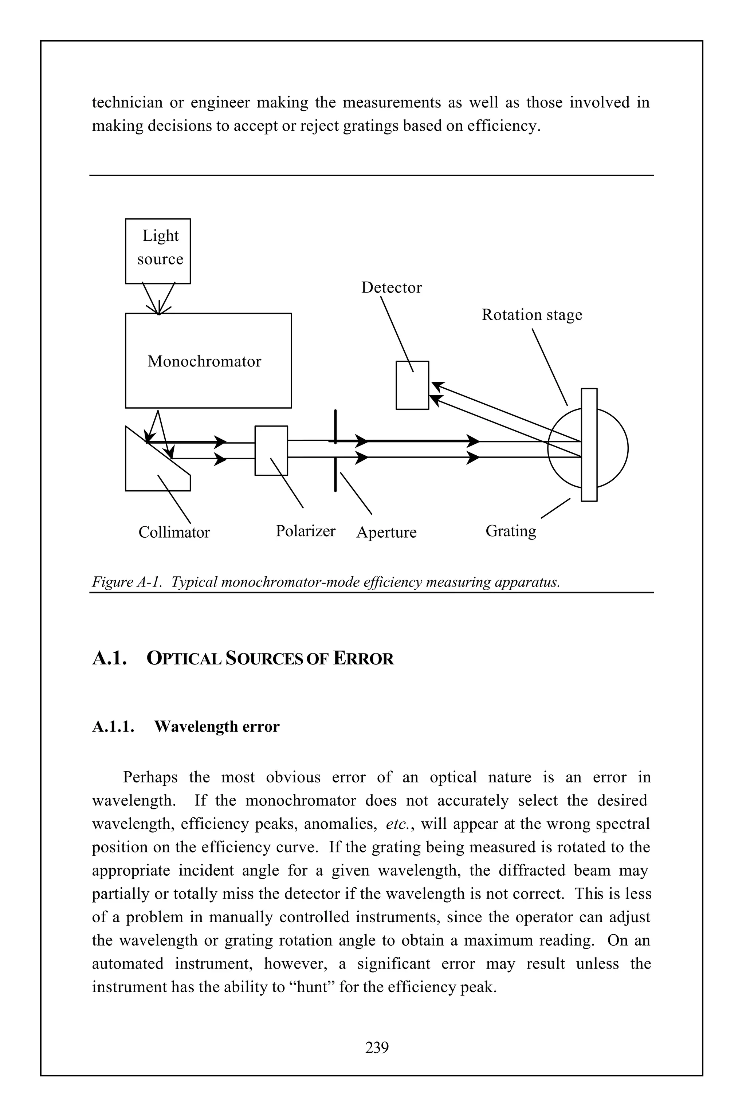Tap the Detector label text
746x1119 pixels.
click(x=391, y=288)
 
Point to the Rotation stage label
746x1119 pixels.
click(x=531, y=315)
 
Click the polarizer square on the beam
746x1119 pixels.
click(x=271, y=450)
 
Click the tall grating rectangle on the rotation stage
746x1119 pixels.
click(x=589, y=445)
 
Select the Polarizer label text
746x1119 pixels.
click(x=306, y=531)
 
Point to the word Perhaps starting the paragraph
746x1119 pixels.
click(x=150, y=777)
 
